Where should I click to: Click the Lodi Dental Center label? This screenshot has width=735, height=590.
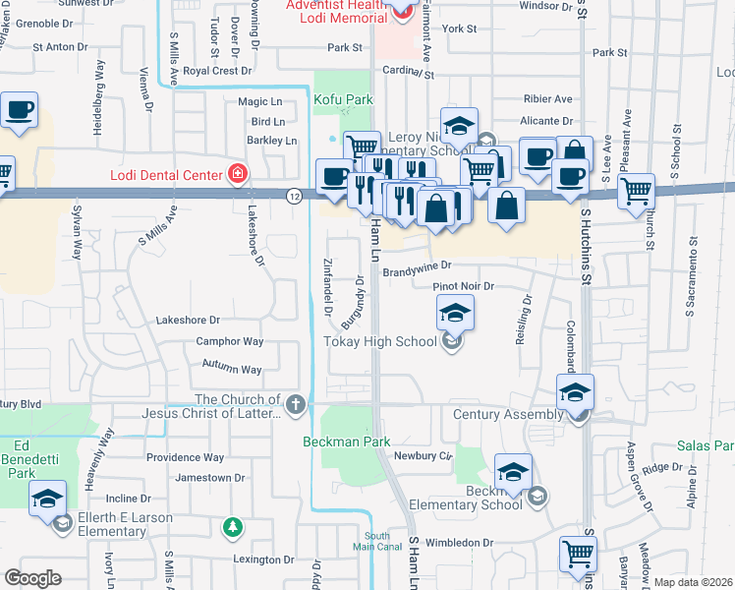(164, 175)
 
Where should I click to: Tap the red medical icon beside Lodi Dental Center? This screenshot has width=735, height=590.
(237, 175)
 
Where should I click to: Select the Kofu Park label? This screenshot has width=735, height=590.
(343, 99)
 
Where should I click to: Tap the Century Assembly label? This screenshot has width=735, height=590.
(507, 415)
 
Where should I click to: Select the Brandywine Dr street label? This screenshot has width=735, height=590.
(417, 265)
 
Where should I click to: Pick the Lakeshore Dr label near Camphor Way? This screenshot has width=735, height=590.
(189, 321)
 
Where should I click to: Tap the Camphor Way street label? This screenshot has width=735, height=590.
(230, 341)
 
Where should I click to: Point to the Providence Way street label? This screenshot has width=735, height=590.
(186, 457)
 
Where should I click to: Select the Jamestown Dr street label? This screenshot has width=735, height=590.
(209, 478)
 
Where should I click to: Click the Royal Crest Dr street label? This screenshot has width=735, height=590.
(218, 71)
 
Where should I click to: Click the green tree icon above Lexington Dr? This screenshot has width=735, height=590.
(232, 529)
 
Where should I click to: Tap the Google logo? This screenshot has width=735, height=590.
(32, 578)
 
